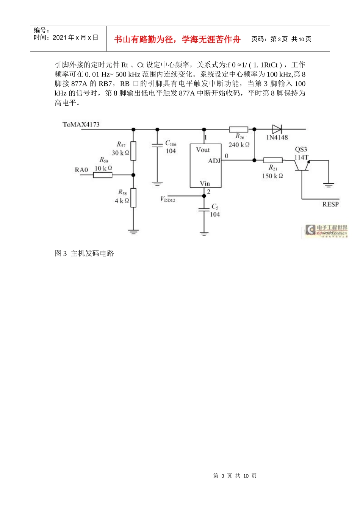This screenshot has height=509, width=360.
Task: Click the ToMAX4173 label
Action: [x=81, y=125]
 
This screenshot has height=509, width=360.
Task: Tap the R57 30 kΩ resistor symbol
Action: [x=133, y=151]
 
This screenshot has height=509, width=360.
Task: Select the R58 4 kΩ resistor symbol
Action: [x=133, y=197]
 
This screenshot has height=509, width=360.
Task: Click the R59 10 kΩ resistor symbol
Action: [x=103, y=175]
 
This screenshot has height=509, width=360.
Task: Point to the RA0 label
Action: [x=81, y=170]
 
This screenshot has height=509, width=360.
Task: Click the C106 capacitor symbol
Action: [x=157, y=145]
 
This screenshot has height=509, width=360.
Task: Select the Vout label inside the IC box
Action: [x=203, y=150]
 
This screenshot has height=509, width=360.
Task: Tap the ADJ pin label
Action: [x=214, y=161]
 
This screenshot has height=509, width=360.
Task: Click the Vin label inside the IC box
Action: [x=205, y=184]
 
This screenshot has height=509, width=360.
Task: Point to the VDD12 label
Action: [x=167, y=199]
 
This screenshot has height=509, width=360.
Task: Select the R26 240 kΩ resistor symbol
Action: [x=238, y=130]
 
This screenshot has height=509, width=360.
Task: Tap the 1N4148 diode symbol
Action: [x=277, y=129]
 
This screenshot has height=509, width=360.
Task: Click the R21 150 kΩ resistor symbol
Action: [x=273, y=160]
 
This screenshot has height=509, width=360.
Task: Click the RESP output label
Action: [x=330, y=204]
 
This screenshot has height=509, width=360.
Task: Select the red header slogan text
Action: [x=177, y=39]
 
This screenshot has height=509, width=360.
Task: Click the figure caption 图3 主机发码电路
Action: [x=85, y=253]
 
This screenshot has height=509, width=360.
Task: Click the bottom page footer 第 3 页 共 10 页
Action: [x=235, y=476]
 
